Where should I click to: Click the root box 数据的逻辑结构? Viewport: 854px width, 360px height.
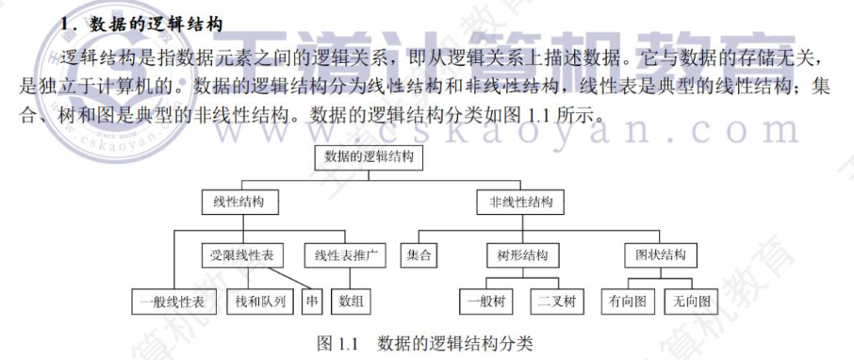(x=369, y=157)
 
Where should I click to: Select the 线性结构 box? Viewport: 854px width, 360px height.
(x=239, y=202)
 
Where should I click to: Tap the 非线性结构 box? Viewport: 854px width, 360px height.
(x=520, y=202)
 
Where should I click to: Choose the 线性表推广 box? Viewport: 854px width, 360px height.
(x=345, y=254)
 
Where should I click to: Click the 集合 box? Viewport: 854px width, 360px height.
(x=419, y=254)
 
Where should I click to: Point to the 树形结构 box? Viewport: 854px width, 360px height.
(x=522, y=254)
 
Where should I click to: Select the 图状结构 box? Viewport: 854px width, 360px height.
(x=661, y=254)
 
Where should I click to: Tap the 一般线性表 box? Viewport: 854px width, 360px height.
(x=174, y=302)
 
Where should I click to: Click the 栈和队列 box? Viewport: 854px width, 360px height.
(x=261, y=302)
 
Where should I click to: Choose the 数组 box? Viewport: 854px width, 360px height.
(x=352, y=302)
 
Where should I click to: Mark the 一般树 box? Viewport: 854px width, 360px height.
(x=486, y=302)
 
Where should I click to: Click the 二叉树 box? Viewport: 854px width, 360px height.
(x=557, y=302)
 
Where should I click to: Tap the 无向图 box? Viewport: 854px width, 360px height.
(x=692, y=302)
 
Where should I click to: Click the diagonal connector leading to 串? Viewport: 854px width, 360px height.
(x=289, y=278)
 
